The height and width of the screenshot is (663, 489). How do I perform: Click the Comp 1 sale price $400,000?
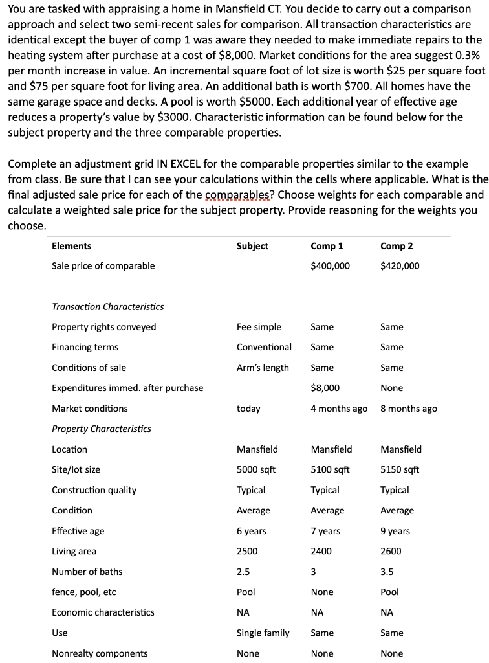(330, 266)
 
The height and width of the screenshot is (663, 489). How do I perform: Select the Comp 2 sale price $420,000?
(400, 266)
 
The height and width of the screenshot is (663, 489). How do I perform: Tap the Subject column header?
(252, 246)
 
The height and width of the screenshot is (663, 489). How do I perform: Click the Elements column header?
(72, 246)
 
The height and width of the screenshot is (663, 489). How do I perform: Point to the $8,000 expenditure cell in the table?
(325, 388)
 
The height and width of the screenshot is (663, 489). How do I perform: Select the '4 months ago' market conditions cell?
(339, 409)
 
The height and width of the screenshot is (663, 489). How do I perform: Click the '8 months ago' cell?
(409, 409)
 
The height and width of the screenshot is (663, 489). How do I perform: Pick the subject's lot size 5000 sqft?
(256, 469)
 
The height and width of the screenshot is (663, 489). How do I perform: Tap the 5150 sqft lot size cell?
(400, 469)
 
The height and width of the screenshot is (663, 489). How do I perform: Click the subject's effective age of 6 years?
(252, 531)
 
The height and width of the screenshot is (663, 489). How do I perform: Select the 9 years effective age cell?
(395, 531)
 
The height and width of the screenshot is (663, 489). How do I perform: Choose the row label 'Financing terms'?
(85, 347)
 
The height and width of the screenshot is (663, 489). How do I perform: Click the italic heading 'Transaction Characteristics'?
(108, 306)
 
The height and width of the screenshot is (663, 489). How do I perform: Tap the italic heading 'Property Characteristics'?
(102, 429)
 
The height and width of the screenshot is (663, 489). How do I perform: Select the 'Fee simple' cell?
(259, 327)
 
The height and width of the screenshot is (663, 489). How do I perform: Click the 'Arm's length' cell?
(263, 368)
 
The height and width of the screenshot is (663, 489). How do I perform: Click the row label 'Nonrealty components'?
(100, 653)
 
